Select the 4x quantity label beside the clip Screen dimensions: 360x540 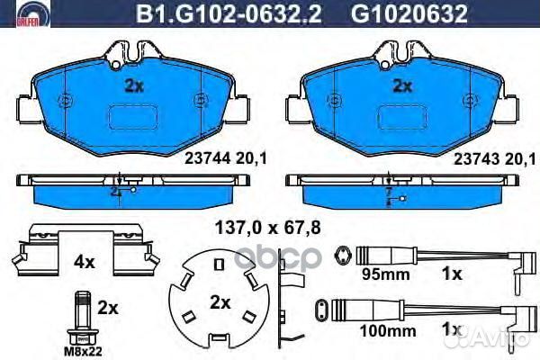[84, 264]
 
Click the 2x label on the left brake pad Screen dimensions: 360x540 [133, 86]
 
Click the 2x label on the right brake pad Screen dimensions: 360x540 [402, 86]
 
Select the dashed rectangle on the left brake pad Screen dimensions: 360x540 [134, 118]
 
